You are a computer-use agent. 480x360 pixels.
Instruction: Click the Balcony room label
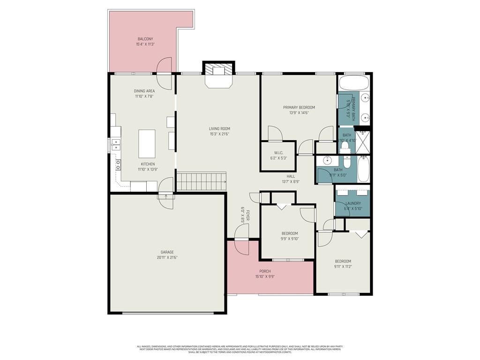(145, 39)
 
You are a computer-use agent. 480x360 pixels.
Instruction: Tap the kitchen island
(147, 144)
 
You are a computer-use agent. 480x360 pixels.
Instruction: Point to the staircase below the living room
(201, 181)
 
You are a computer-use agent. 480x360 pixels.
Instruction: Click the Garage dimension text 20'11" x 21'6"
(167, 257)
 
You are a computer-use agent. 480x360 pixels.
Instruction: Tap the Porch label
(265, 271)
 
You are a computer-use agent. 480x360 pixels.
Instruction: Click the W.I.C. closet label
(278, 153)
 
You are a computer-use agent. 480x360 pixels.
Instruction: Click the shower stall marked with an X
(362, 144)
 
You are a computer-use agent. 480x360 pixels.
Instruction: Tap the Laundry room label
(352, 203)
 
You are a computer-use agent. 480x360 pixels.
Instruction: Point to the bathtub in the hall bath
(364, 169)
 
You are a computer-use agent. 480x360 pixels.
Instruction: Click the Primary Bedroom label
(299, 107)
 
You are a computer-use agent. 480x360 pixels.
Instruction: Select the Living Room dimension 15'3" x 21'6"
(219, 134)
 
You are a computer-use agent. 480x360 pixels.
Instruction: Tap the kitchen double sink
(115, 144)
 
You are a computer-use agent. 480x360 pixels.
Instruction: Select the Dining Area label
(144, 91)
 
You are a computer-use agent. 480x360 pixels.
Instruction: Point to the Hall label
(291, 176)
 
